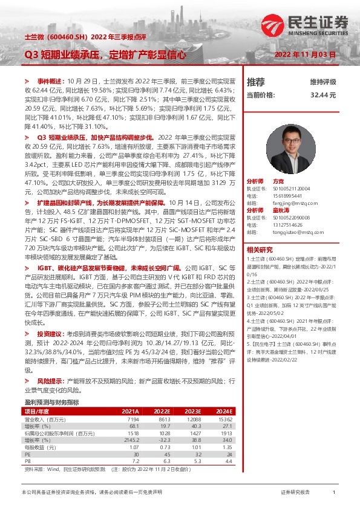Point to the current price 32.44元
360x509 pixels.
point(323,96)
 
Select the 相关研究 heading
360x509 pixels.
point(260,250)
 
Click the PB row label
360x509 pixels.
point(27,460)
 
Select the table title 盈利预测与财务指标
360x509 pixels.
point(51,402)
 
